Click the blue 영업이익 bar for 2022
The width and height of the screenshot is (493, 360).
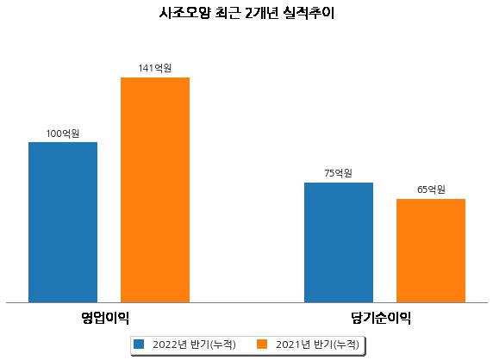(63, 222)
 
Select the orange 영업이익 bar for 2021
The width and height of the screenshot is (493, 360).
(155, 190)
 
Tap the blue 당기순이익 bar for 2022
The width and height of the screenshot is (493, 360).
(339, 243)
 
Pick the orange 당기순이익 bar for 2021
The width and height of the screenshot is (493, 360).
(431, 251)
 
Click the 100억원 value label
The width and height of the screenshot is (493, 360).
(63, 133)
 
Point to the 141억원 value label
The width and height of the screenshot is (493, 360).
(155, 68)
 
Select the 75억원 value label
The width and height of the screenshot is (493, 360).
(339, 173)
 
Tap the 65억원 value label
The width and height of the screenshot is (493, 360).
(431, 189)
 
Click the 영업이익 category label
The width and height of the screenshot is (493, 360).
(105, 318)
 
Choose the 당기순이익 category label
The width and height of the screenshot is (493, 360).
(381, 318)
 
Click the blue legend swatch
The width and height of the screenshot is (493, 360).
(139, 344)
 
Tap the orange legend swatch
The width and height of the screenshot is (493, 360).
(262, 344)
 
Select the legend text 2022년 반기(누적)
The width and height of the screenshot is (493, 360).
(194, 344)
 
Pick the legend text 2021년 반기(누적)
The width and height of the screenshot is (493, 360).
(317, 344)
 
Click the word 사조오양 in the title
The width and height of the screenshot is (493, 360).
(184, 13)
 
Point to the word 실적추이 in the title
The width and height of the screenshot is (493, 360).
(309, 13)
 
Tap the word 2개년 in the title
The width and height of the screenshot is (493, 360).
(262, 13)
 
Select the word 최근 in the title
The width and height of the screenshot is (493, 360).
(228, 13)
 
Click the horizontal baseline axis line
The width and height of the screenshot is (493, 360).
(246, 303)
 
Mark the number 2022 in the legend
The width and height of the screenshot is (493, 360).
(165, 344)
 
